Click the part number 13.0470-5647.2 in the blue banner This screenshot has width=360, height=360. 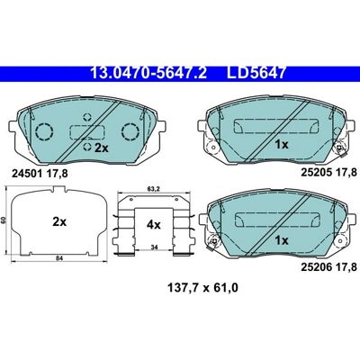[x=148, y=73]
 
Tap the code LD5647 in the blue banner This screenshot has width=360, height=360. [x=256, y=73]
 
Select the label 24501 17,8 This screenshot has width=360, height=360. [x=40, y=174]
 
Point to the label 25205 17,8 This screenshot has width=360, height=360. [x=328, y=172]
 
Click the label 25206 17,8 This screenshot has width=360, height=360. [x=328, y=266]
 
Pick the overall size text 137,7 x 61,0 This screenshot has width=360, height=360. [x=202, y=288]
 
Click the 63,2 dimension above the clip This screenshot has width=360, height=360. [x=153, y=189]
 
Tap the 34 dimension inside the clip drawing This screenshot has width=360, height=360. [x=154, y=247]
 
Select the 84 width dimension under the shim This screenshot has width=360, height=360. [x=59, y=258]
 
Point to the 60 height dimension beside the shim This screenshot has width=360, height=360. [x=4, y=220]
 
